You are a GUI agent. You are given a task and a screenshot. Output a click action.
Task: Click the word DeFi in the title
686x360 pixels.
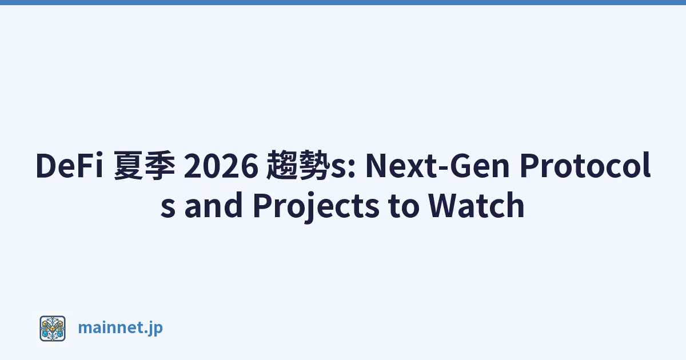click(69, 165)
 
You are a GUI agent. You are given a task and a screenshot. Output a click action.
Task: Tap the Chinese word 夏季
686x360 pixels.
click(145, 165)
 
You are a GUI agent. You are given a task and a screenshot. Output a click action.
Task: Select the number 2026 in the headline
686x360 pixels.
click(221, 165)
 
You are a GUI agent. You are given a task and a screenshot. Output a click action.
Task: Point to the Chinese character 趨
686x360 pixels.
click(281, 165)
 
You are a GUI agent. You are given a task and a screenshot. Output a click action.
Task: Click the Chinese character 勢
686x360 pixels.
click(312, 165)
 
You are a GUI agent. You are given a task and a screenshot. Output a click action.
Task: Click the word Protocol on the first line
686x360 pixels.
click(585, 165)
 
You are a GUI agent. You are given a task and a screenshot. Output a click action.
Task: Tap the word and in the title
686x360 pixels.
click(213, 205)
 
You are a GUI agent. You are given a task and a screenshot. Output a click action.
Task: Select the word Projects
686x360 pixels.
click(316, 207)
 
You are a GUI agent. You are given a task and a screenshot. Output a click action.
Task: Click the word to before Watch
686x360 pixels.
click(404, 206)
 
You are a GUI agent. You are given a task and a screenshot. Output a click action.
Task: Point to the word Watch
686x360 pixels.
click(476, 205)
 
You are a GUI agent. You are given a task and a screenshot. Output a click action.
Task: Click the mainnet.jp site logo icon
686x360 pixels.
click(53, 329)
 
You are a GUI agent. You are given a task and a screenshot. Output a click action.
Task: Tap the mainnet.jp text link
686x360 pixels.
click(121, 328)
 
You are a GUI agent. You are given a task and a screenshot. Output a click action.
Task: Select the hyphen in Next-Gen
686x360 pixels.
click(443, 169)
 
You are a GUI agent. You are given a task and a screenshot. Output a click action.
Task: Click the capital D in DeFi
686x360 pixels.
click(47, 165)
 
